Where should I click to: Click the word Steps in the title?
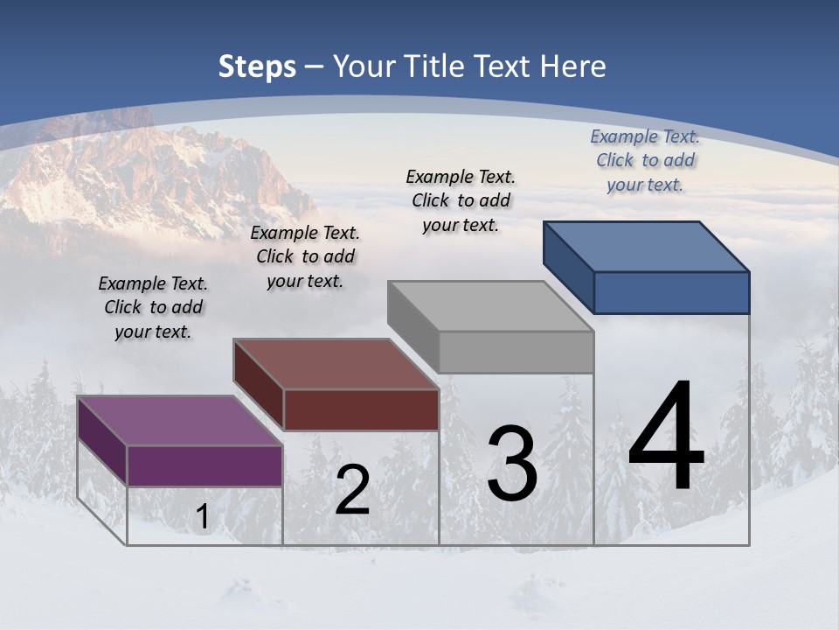point(257,66)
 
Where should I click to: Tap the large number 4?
point(666,437)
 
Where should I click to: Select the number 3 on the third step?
point(512,464)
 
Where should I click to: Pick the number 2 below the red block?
point(352,490)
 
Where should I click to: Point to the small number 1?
point(202,517)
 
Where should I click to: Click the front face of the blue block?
point(671,292)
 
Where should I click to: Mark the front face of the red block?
point(361,409)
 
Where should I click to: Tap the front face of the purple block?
point(205,465)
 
